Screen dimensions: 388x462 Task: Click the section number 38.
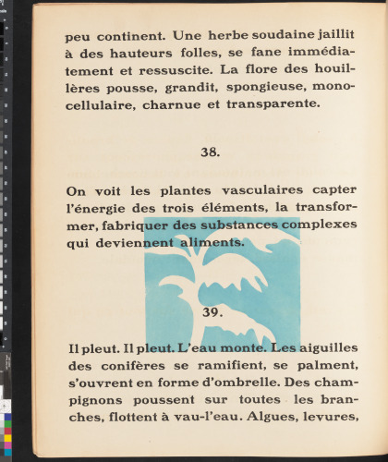[210, 152]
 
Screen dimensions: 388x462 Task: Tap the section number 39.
[212, 312]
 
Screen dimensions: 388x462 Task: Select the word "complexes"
[319, 225]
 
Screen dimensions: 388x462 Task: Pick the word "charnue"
[174, 104]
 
